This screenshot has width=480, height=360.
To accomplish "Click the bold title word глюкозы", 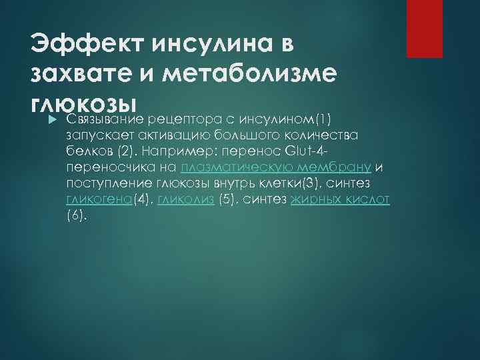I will click(x=83, y=104).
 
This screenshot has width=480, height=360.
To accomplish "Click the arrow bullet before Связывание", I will click(x=37, y=119).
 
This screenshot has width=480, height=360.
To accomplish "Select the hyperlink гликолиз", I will click(x=185, y=199).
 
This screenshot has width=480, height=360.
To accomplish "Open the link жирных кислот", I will click(x=340, y=199).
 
